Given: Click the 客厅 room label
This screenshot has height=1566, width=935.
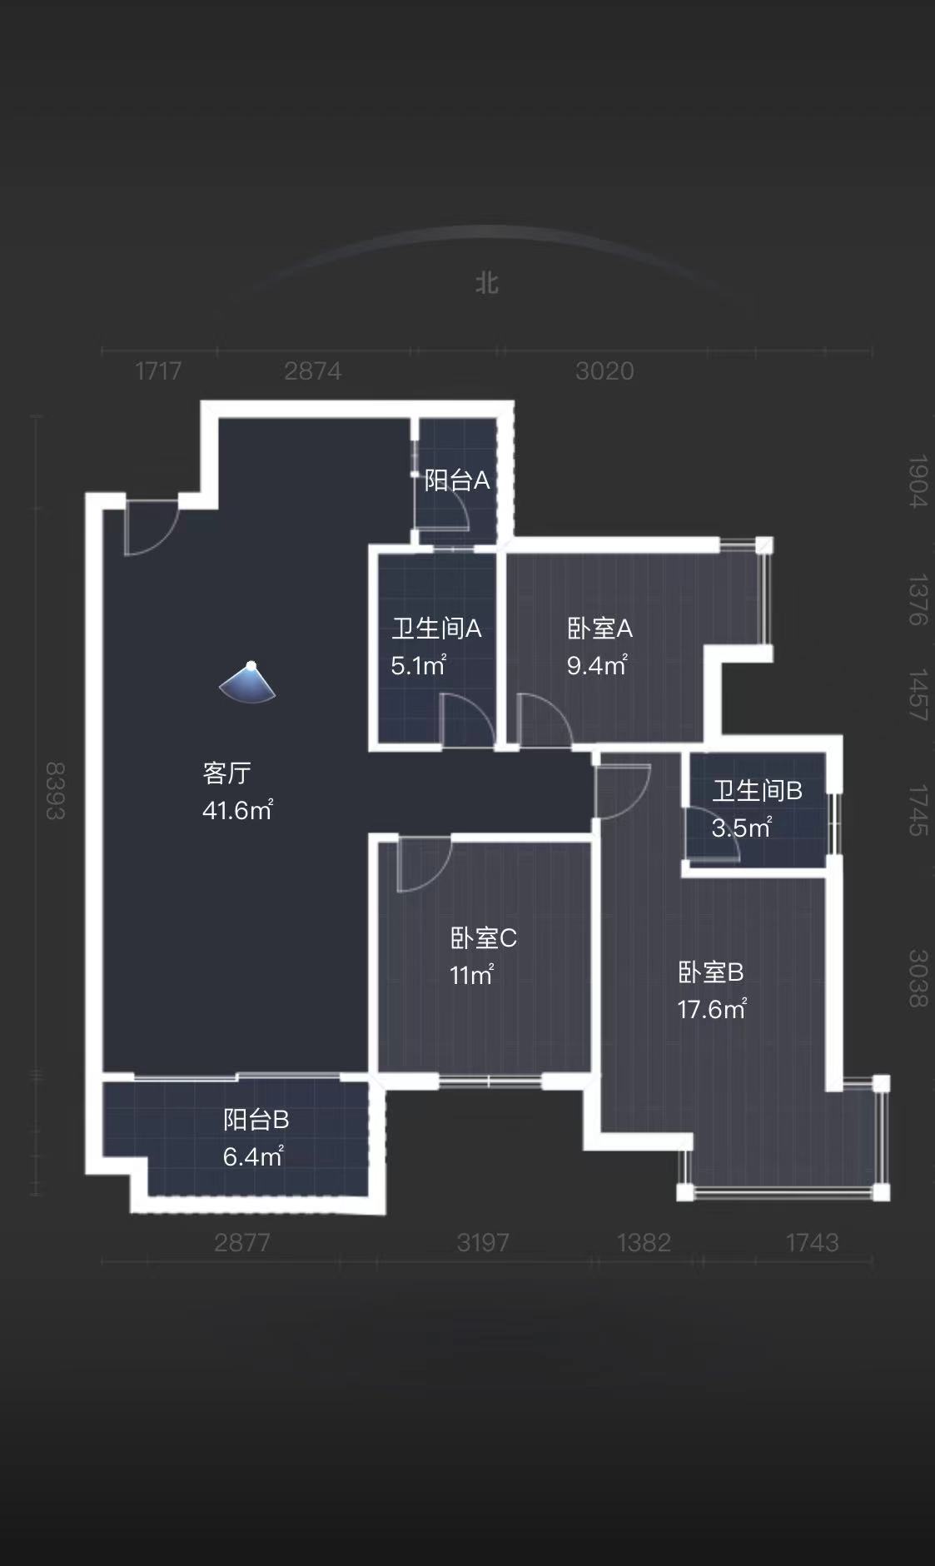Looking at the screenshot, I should point(226,773).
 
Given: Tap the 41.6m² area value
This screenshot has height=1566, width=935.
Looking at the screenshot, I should point(237,809).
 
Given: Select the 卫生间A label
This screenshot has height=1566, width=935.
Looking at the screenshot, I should point(436,628).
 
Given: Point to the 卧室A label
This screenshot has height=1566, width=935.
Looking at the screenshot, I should point(599,628).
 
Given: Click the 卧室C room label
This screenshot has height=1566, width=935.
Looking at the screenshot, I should point(483,938).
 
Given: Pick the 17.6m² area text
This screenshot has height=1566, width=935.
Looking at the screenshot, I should point(711,1009).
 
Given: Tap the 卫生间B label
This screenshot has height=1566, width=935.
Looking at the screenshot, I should point(756,790).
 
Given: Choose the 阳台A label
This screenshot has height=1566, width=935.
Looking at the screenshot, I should point(456,480).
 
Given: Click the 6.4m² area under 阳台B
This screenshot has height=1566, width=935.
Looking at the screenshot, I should point(253,1156).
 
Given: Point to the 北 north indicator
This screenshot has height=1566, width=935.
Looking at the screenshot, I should point(487,283).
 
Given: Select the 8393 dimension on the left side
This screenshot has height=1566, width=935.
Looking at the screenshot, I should point(55,790).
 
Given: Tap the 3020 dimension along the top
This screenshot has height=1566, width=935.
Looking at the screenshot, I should point(604,370).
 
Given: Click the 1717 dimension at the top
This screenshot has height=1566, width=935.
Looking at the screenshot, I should point(158,370).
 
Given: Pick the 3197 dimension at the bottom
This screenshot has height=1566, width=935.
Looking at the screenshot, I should point(483,1242).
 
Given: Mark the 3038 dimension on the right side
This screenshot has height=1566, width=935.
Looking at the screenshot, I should point(917,977).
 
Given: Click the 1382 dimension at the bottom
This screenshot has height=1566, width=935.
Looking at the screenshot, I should point(644,1242).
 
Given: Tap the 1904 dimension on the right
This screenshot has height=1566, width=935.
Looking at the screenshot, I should point(917,480).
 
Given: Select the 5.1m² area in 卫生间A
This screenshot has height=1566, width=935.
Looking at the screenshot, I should point(418,665).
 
